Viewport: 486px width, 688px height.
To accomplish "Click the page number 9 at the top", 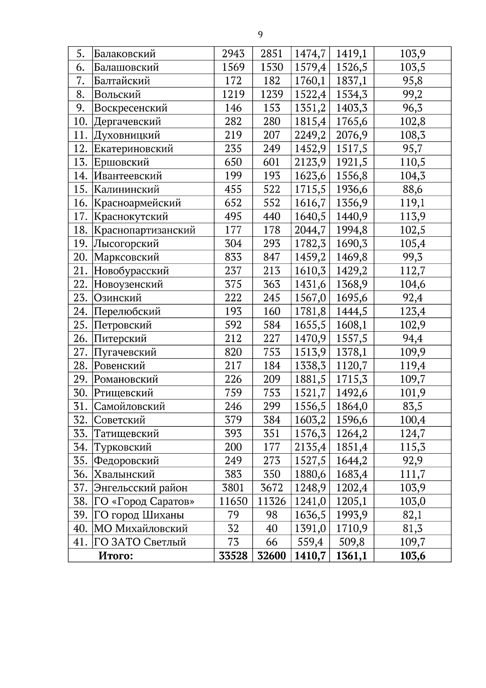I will point(260,35).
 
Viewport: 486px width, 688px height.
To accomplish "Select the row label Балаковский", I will point(125,54).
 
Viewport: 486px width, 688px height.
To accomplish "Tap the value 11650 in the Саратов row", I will point(233,502).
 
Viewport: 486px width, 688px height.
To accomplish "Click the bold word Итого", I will point(115,556).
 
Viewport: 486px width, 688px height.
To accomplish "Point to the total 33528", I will point(233,556).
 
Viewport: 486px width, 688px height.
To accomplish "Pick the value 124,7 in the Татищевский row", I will point(412,434).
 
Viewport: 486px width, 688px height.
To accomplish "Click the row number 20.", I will point(81,257).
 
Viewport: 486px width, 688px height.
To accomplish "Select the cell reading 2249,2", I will point(310,135).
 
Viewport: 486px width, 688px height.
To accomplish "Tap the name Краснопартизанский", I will point(145,230).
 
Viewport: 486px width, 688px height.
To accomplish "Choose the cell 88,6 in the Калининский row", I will point(412,189).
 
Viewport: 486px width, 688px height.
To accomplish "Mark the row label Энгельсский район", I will point(141,488).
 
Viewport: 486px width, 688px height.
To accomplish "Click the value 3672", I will point(271,488).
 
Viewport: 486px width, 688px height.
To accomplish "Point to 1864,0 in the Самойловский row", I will point(351,407).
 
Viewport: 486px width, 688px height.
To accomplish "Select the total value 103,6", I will point(412,556).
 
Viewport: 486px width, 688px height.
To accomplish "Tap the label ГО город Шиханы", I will point(139,515).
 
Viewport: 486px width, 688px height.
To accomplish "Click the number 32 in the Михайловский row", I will point(233,529).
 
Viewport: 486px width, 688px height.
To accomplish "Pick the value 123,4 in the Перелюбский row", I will point(412,311).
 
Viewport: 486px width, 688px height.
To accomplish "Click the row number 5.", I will point(81,54).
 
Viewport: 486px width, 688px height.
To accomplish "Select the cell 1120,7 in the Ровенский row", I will point(351,366).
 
